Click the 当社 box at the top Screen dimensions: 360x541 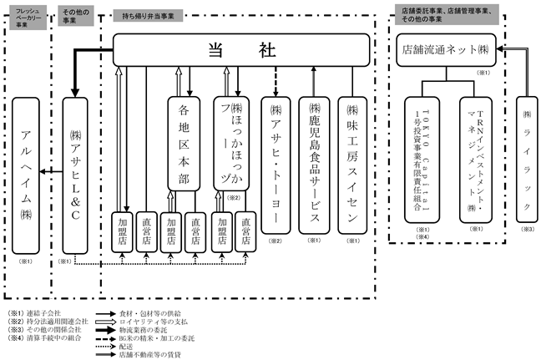(242, 51)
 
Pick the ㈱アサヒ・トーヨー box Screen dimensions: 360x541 (275, 163)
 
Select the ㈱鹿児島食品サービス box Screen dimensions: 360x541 (315, 163)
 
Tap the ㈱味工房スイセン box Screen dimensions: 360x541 (353, 163)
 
